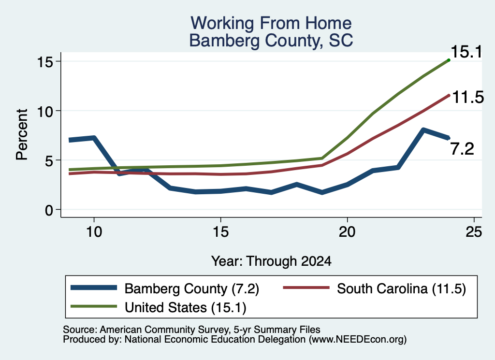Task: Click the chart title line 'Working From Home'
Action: (271, 23)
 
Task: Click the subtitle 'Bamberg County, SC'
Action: (271, 41)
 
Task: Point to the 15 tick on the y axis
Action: (44, 61)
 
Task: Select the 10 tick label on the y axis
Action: (44, 111)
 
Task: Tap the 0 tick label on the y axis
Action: (49, 210)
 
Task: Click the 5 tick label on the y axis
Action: (49, 160)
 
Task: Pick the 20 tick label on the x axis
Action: (347, 232)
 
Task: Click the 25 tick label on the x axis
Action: (474, 232)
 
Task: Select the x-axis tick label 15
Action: (220, 232)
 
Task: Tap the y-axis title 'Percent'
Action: (22, 135)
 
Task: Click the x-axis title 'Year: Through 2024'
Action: (271, 261)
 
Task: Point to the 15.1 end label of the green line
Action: (466, 52)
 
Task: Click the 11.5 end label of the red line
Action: (468, 97)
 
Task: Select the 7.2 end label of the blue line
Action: (462, 149)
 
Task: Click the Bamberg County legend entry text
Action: (191, 289)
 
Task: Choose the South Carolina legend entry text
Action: (401, 289)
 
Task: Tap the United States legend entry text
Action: (185, 308)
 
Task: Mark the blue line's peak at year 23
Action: (423, 130)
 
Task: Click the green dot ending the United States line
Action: (449, 60)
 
